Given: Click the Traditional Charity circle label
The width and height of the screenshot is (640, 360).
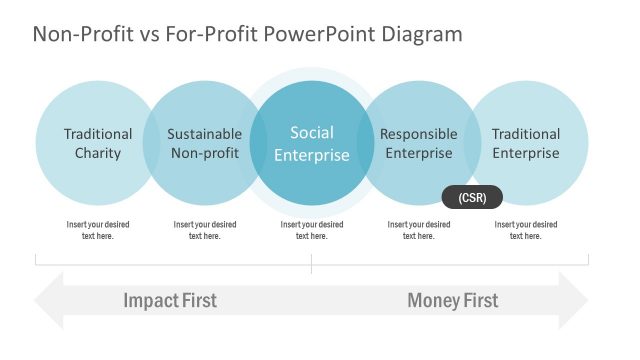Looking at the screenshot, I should (x=98, y=143).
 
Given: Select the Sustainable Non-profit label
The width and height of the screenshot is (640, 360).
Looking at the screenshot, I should (x=204, y=143).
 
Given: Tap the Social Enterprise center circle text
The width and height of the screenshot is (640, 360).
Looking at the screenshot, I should (x=312, y=143).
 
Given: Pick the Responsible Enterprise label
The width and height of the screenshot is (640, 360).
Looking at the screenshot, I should (x=419, y=143).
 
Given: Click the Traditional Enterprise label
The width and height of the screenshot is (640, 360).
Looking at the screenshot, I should (x=525, y=143).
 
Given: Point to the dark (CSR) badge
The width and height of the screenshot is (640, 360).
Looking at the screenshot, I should (x=472, y=197).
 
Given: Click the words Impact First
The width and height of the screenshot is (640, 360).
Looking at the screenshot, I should (x=170, y=300).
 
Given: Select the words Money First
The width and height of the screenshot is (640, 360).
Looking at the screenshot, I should (x=452, y=300).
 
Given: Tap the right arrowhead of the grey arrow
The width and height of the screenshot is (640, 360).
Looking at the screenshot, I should (x=574, y=300).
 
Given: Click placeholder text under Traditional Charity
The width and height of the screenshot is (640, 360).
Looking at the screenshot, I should (x=98, y=230).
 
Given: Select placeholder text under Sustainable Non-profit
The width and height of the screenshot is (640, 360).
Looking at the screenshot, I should (x=204, y=230).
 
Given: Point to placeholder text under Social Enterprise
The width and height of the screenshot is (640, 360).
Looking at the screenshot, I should (x=312, y=230).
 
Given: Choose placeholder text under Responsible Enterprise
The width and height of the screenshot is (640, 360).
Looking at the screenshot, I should (x=419, y=230).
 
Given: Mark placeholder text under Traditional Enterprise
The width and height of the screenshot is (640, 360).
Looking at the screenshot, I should (x=525, y=230).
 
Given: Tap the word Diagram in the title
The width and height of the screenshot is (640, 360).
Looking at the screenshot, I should (x=421, y=34).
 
